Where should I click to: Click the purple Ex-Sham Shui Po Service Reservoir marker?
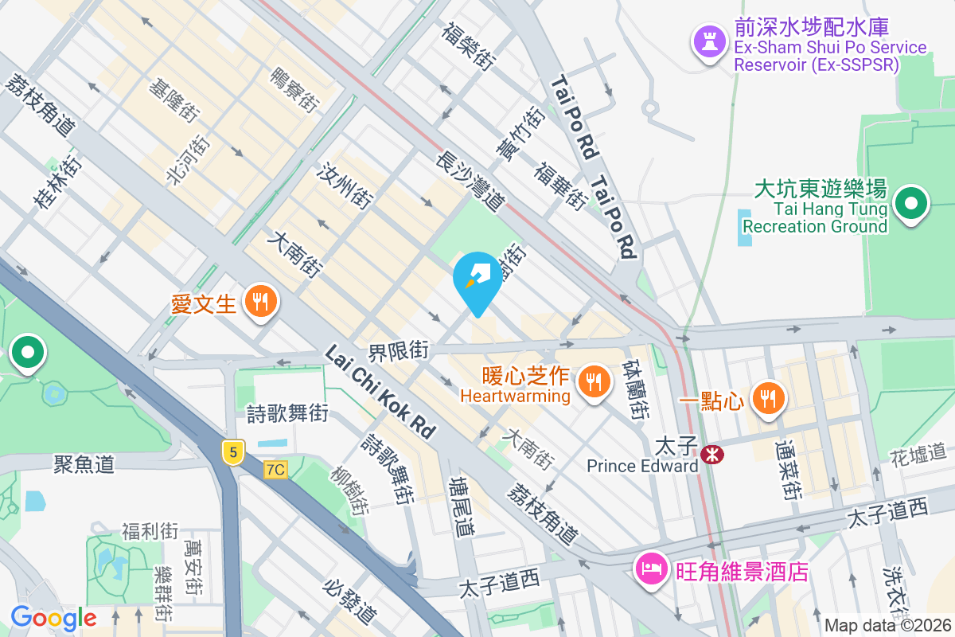(708, 41)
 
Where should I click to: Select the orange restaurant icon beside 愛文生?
(259, 303)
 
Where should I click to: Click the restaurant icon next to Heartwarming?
(593, 381)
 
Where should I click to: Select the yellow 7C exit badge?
(275, 469)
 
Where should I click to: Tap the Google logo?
(53, 618)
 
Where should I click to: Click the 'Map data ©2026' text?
(887, 625)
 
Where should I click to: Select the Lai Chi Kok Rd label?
(381, 392)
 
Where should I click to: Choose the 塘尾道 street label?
(461, 506)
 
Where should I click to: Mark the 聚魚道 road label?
(84, 463)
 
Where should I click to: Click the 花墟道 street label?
(921, 455)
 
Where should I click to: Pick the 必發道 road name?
(349, 600)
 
